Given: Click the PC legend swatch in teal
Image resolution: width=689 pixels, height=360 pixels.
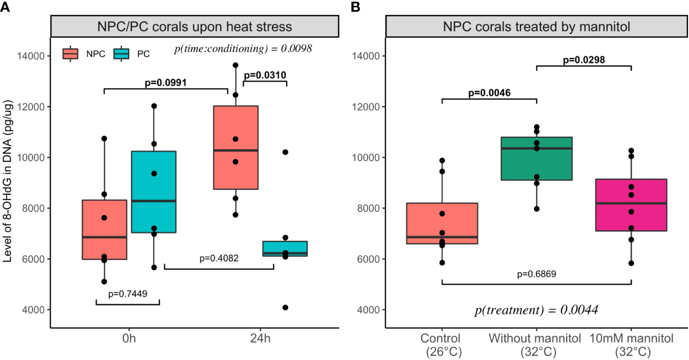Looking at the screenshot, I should pos(121,54).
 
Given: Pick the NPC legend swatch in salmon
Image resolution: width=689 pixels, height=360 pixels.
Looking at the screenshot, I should pos(71,54).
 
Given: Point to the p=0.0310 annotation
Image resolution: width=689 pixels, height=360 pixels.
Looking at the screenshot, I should pos(264,75).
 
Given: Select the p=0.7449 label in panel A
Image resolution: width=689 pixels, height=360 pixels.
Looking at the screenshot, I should pos(128,293).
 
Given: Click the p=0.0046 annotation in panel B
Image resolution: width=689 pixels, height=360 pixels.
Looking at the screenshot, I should pos(489,93).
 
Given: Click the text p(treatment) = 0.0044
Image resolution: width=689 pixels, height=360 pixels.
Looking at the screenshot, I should pos(536,310).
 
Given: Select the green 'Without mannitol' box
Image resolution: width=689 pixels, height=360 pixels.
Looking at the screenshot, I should pos(536,159).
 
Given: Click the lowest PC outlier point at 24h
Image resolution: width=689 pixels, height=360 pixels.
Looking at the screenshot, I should pos(285,308).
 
